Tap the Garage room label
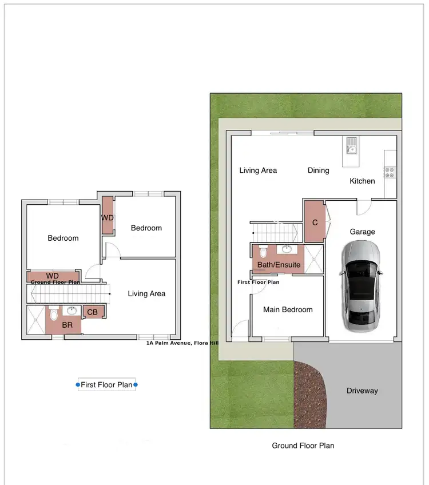click(363, 232)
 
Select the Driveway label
click(362, 391)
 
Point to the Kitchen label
click(362, 181)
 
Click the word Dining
click(319, 170)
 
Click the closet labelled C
click(315, 222)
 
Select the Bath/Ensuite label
click(279, 265)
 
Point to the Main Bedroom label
click(288, 309)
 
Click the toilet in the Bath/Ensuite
click(264, 252)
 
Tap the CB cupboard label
click(92, 312)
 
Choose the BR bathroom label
click(67, 324)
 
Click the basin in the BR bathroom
click(71, 311)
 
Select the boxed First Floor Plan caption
click(106, 385)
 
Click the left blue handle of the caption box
click(78, 385)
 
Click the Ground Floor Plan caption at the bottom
click(303, 445)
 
